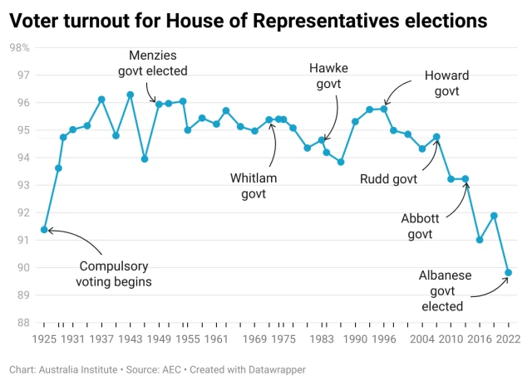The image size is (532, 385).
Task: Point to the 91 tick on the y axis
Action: coord(22,241)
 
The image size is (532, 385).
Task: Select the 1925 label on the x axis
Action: coord(44,339)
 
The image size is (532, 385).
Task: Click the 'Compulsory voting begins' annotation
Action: coord(114,274)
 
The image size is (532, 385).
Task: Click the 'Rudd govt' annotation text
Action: coord(389,178)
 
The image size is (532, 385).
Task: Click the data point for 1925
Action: coord(44,230)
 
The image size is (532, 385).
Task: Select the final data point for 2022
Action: coord(508,273)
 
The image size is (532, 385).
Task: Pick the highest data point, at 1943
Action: coord(131,95)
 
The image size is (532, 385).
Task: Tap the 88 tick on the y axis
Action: coord(22,323)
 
